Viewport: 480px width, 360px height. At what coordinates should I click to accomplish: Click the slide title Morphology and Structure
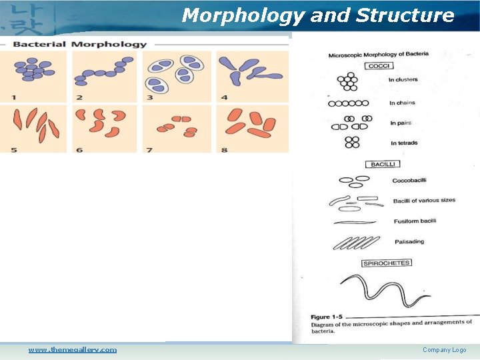tap(317, 15)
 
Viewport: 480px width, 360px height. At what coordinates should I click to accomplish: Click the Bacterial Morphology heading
tap(79, 45)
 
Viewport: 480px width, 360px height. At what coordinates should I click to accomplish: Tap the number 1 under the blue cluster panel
tap(13, 98)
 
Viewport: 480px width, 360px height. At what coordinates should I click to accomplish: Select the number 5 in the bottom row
tap(13, 150)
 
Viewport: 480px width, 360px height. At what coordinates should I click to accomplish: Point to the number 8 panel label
tap(224, 150)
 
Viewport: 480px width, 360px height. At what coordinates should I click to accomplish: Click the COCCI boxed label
tap(380, 66)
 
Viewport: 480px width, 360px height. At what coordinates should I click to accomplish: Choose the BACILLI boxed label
tap(382, 164)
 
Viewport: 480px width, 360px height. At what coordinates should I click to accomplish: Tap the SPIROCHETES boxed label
tap(387, 263)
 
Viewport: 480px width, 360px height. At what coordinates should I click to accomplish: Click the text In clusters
tap(403, 80)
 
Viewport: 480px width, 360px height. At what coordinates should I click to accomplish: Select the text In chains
tap(402, 103)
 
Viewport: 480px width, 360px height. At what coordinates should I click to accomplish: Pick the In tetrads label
tap(404, 143)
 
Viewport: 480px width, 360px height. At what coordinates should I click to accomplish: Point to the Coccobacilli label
tap(409, 181)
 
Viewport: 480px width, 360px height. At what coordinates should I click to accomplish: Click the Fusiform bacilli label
tap(415, 221)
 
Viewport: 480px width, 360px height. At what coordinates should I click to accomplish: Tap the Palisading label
tap(409, 242)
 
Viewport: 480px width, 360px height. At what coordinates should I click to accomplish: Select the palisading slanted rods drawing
tap(355, 243)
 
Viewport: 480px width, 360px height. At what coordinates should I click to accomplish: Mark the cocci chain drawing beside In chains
tap(348, 104)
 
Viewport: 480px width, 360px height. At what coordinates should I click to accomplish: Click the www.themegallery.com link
tap(72, 350)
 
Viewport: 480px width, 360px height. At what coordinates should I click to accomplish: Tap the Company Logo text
tap(444, 350)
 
